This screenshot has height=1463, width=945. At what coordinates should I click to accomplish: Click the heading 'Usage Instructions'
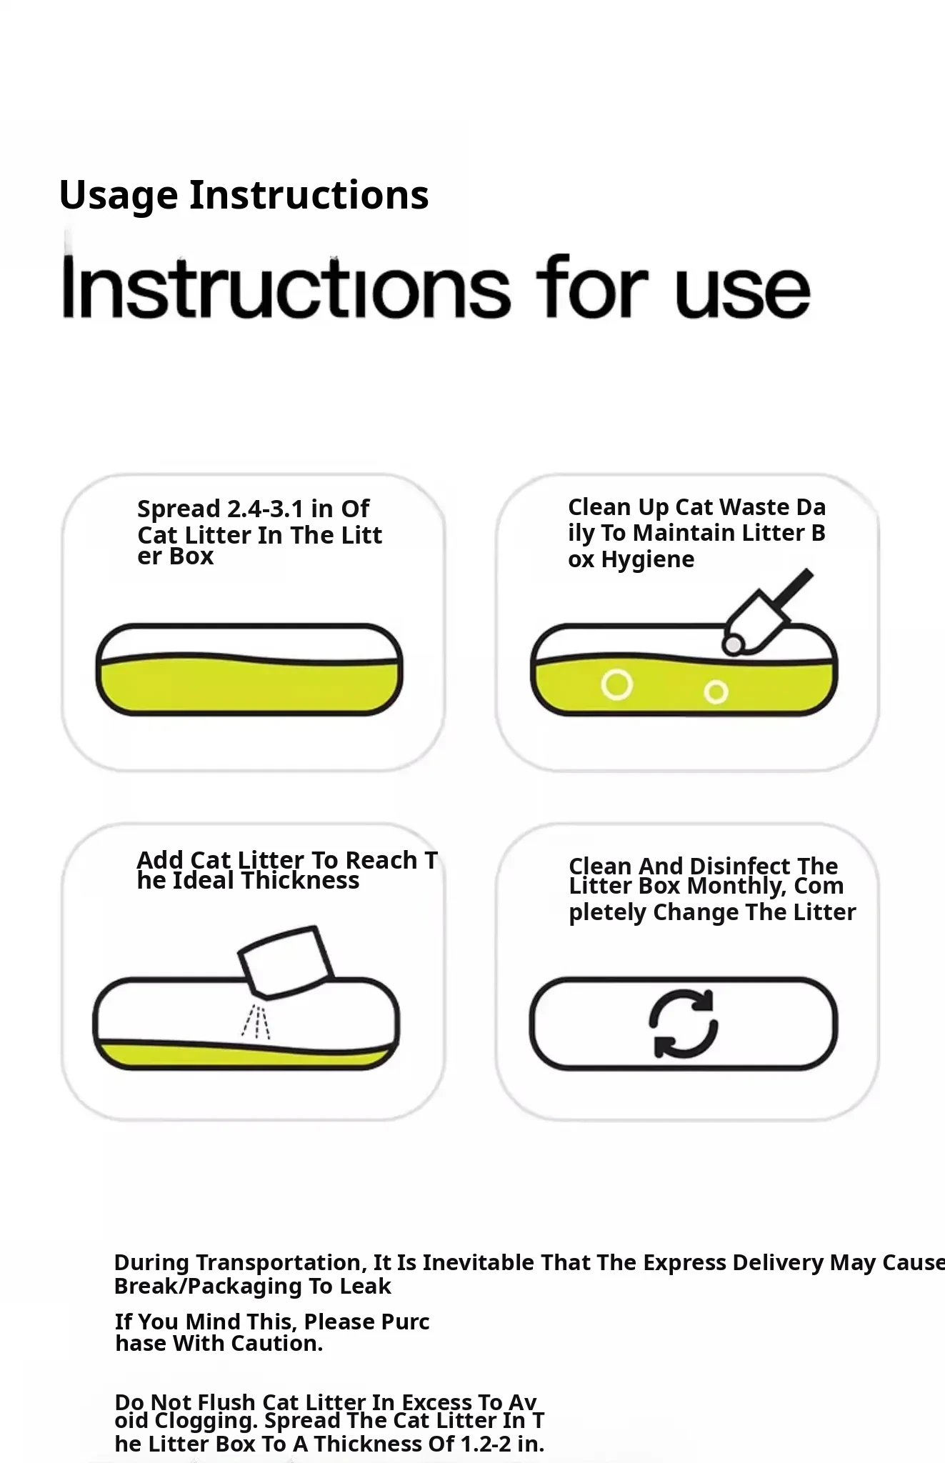244,196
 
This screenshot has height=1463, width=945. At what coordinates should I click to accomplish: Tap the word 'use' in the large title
742,295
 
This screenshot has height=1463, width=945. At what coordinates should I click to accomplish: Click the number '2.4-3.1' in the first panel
266,509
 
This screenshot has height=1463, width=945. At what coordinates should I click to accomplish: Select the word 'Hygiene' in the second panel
648,560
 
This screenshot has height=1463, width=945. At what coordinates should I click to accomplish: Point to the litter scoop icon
766,612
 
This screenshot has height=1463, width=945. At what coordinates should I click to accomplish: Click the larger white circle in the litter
616,684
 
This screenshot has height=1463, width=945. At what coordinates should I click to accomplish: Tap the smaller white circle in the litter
716,691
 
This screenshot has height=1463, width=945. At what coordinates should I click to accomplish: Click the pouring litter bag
285,962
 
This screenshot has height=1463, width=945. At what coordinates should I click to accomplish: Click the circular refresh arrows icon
684,1023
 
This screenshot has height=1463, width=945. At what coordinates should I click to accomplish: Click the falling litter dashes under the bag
256,1022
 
